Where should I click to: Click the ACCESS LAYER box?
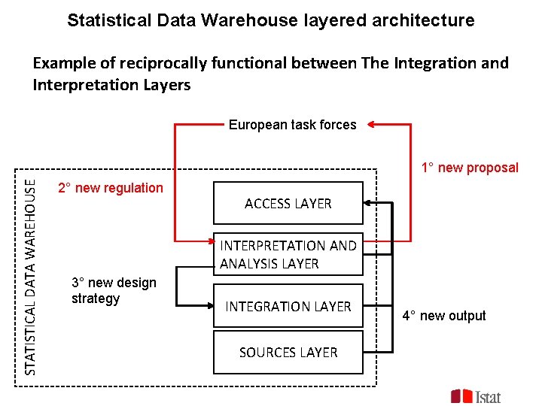point(288,203)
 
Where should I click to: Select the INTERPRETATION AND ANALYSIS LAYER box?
point(288,254)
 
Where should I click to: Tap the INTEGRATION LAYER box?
point(288,306)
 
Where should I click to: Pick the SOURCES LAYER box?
point(288,352)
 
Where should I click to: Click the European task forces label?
point(292,125)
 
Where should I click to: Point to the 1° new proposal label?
point(470,168)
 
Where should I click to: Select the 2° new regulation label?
point(111,188)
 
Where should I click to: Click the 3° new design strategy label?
point(114,291)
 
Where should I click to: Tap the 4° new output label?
point(444,316)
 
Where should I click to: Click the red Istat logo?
point(476,395)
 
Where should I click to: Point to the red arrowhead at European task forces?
point(373,125)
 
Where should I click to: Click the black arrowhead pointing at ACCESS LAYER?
point(369,203)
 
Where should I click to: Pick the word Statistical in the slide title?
point(101,20)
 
